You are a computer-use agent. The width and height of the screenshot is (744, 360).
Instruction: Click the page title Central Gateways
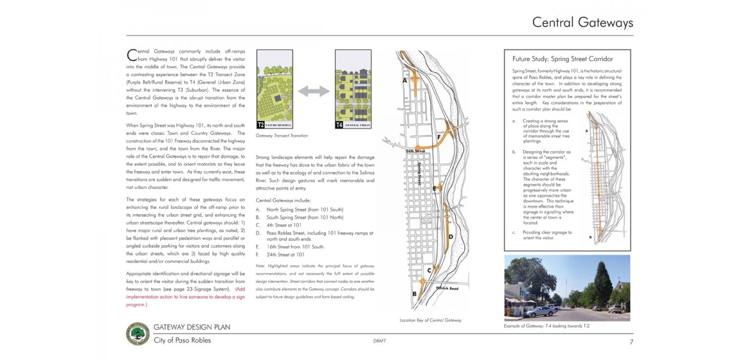coord(582,23)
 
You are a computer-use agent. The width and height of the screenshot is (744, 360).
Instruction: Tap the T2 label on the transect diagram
coord(261,125)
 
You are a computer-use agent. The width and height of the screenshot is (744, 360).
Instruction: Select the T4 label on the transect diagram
coord(340,125)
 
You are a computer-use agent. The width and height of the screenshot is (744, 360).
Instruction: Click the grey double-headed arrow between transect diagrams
coord(314,91)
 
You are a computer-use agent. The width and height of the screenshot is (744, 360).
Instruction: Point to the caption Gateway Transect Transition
coord(281,136)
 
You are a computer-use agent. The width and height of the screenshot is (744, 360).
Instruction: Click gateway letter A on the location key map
coord(404,80)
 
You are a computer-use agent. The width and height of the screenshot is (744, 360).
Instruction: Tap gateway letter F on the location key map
coord(439,137)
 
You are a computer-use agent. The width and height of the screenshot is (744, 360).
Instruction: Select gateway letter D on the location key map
coord(450,236)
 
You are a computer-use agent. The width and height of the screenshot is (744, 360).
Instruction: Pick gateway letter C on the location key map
coord(429,271)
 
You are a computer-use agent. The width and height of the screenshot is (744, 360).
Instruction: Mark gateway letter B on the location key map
coord(414,293)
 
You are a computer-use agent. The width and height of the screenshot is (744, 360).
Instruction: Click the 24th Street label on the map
coord(415,151)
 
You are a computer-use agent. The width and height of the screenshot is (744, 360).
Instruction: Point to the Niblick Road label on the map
coord(448,289)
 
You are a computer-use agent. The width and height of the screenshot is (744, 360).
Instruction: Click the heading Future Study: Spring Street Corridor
coord(562,59)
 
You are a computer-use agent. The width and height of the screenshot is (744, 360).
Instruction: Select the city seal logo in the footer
coord(138,334)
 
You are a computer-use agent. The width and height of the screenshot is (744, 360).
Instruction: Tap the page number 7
coord(631,342)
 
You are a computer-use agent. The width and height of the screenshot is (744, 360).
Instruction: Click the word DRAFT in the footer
coord(379,341)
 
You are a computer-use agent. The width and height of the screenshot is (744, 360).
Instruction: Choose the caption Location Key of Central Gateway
coord(430,320)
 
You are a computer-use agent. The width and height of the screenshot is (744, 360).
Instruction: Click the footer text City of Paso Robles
coord(182,340)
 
